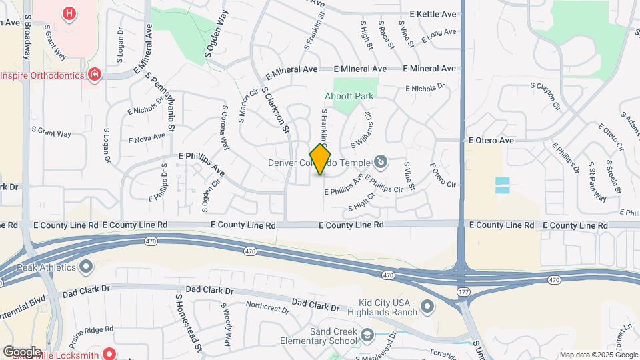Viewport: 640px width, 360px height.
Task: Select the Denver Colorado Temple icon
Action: [x=380, y=161]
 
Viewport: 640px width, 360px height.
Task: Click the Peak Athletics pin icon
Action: [x=86, y=267]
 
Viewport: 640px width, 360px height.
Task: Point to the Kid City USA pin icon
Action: [x=427, y=307]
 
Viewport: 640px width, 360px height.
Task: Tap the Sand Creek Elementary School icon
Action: [x=367, y=335]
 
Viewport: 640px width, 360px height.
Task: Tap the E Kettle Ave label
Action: [x=433, y=14]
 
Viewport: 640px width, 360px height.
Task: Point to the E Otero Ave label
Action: [x=491, y=141]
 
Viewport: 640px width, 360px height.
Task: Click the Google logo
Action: [x=21, y=351]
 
